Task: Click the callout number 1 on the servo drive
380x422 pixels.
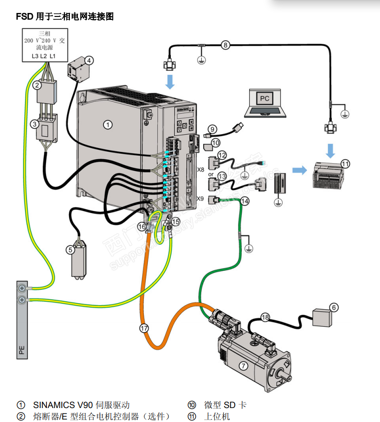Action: pyautogui.click(x=107, y=125)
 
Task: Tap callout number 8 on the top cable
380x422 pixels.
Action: pyautogui.click(x=225, y=45)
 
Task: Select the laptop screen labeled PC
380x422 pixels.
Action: pyautogui.click(x=265, y=98)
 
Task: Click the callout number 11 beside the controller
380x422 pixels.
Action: pyautogui.click(x=345, y=163)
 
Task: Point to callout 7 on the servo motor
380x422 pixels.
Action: pyautogui.click(x=243, y=366)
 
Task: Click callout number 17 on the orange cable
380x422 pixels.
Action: pyautogui.click(x=144, y=328)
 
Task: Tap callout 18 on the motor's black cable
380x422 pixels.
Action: pyautogui.click(x=265, y=317)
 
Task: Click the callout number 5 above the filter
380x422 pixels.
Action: pyautogui.click(x=71, y=249)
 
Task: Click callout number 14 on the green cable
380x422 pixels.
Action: pyautogui.click(x=244, y=201)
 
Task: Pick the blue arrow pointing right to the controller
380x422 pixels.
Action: pyautogui.click(x=299, y=170)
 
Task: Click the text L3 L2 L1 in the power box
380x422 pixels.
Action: pyautogui.click(x=43, y=56)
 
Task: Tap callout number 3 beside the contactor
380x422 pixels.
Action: pyautogui.click(x=34, y=124)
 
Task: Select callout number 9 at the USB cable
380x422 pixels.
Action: pyautogui.click(x=212, y=129)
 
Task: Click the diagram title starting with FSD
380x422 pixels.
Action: pyautogui.click(x=65, y=17)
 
